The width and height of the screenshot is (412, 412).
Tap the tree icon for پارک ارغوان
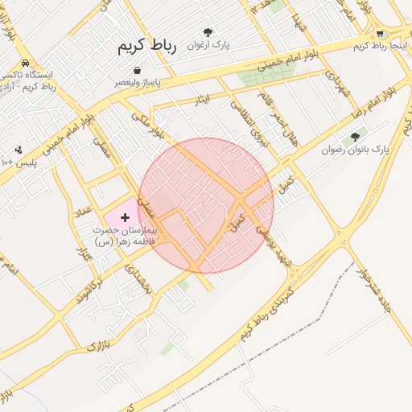click(208, 32)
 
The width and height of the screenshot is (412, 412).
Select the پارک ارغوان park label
click(209, 45)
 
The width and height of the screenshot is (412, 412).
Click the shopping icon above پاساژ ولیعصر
click(138, 70)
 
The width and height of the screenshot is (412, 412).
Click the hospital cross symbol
click(125, 217)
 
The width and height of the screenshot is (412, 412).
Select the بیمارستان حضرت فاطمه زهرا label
click(125, 235)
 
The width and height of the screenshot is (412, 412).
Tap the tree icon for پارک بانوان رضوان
click(355, 137)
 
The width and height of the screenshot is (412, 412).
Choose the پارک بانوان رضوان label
click(355, 150)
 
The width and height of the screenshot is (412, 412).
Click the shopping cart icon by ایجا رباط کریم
click(379, 34)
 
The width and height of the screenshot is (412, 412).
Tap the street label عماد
click(82, 212)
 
